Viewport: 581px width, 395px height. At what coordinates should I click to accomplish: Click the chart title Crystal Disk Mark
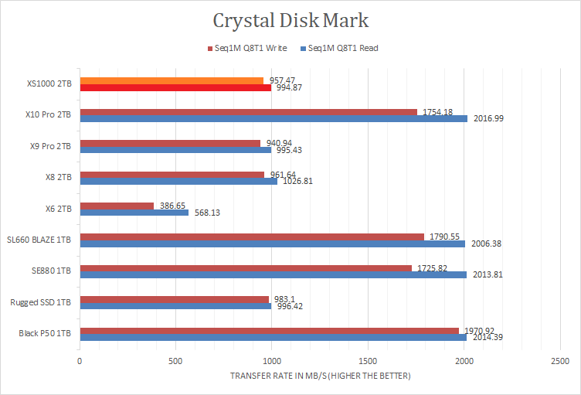(290, 19)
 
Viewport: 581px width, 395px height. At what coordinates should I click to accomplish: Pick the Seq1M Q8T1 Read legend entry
(343, 49)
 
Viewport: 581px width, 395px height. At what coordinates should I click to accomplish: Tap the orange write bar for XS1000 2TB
(171, 80)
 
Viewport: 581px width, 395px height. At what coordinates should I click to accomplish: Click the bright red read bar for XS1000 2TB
(175, 88)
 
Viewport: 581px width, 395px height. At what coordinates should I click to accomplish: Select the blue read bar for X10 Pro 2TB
(273, 118)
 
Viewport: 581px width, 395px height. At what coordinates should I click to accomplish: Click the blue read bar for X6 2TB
(134, 213)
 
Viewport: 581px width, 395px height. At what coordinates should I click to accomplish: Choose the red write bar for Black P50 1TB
(269, 330)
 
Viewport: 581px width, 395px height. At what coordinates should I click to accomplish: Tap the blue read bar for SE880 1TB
(273, 274)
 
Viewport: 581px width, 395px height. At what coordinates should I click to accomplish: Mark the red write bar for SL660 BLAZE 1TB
(251, 237)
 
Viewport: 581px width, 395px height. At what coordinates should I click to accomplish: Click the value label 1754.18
(437, 111)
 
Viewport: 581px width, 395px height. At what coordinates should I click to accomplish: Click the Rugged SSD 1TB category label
(42, 302)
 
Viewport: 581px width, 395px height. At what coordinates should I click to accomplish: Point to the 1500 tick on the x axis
(368, 361)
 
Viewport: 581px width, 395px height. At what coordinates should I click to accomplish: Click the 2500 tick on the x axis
(559, 361)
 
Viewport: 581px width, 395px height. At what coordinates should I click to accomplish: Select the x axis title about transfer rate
(319, 376)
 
